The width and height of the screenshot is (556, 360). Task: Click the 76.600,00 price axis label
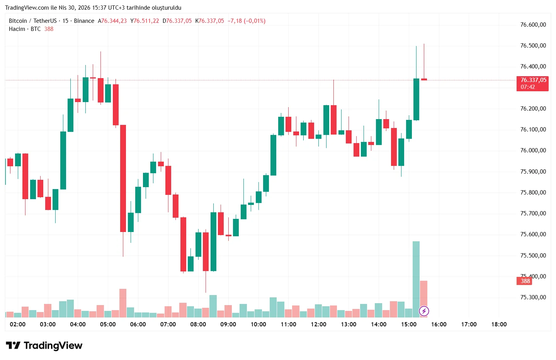[533, 25]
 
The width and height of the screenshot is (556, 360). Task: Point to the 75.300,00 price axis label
[533, 297]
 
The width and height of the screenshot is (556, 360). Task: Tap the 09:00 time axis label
[228, 324]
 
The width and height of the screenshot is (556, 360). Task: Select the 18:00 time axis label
[499, 324]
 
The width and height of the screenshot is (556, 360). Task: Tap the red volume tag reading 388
[524, 281]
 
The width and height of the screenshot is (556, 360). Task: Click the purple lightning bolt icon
[424, 311]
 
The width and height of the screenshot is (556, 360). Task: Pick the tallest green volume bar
[416, 278]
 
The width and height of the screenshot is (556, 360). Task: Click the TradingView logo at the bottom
[44, 345]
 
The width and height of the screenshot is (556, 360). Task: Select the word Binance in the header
[84, 21]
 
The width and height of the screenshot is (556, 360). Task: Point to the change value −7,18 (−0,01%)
[247, 21]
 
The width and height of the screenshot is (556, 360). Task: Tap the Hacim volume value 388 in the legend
[49, 29]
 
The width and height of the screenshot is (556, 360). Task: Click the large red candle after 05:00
[123, 178]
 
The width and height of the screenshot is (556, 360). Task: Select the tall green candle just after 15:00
[416, 99]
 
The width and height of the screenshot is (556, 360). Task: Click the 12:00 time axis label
[318, 324]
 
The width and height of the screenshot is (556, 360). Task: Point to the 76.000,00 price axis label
[533, 150]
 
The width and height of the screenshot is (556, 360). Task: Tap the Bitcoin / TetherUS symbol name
[33, 21]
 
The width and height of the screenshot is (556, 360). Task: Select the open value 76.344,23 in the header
[114, 21]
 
